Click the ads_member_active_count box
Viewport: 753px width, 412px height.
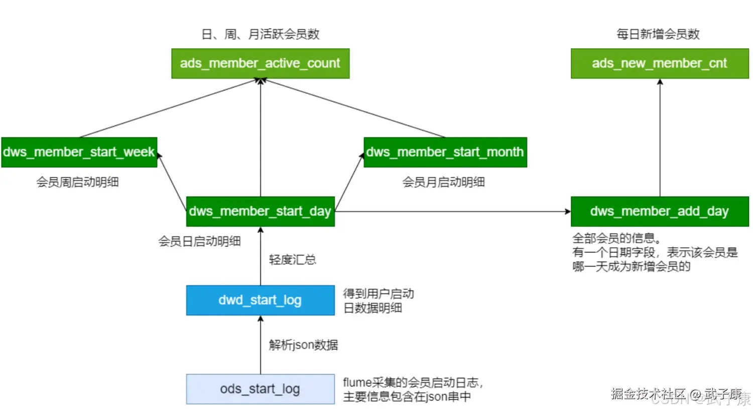[260, 63]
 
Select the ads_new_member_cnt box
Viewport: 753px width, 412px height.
[659, 63]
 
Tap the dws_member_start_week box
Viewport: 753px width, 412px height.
[79, 152]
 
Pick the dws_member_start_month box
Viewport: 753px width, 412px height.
[445, 152]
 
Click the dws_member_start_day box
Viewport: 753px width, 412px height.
[260, 211]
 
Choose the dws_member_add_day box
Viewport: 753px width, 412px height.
[659, 211]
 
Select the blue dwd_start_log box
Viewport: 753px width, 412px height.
[260, 300]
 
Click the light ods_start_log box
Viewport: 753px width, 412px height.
[260, 389]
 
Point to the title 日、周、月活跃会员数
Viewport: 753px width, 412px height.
[260, 34]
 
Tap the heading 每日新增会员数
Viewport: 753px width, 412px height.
[658, 34]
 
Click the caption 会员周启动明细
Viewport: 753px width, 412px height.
[77, 182]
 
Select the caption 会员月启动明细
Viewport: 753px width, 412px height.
[443, 182]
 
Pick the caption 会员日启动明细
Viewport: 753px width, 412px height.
[199, 241]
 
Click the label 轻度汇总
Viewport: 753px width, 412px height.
[292, 259]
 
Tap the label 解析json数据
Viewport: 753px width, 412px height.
[303, 345]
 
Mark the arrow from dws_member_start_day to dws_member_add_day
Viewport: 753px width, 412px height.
[452, 211]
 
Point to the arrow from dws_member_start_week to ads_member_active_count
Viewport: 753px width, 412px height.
[170, 108]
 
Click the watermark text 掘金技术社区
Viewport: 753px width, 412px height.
[648, 394]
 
